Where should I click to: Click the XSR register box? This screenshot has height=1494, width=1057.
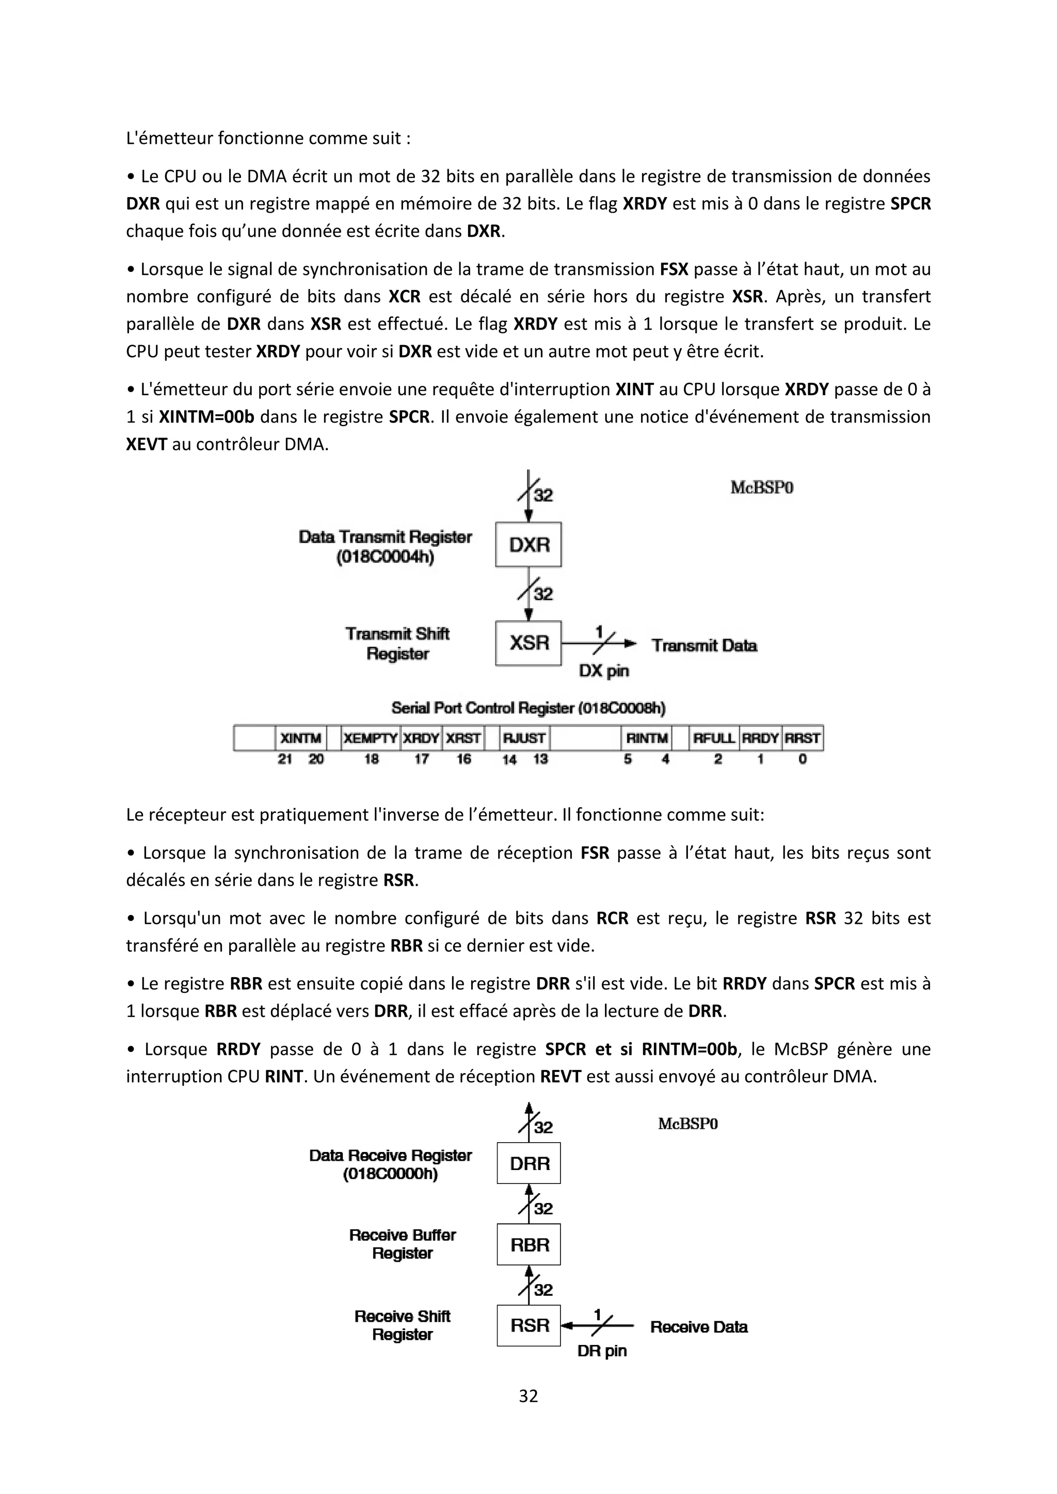pyautogui.click(x=528, y=643)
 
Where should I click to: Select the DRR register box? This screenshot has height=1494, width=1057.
pyautogui.click(x=529, y=1163)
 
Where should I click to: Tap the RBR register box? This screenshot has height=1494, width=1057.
pyautogui.click(x=529, y=1245)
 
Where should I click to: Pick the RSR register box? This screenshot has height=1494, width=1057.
pyautogui.click(x=529, y=1325)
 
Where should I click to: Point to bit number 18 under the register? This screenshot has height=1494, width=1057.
pyautogui.click(x=371, y=759)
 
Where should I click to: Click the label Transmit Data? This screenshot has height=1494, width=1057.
pyautogui.click(x=704, y=645)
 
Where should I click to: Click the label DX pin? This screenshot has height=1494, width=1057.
pyautogui.click(x=604, y=671)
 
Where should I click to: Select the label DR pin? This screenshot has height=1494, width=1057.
pyautogui.click(x=602, y=1352)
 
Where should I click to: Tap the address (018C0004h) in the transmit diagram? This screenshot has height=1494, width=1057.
pyautogui.click(x=385, y=558)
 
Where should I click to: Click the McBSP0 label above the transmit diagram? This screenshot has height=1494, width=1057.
pyautogui.click(x=761, y=488)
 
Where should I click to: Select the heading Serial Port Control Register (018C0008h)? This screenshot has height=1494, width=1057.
pyautogui.click(x=528, y=708)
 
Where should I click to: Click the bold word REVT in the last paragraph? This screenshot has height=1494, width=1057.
pyautogui.click(x=560, y=1077)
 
